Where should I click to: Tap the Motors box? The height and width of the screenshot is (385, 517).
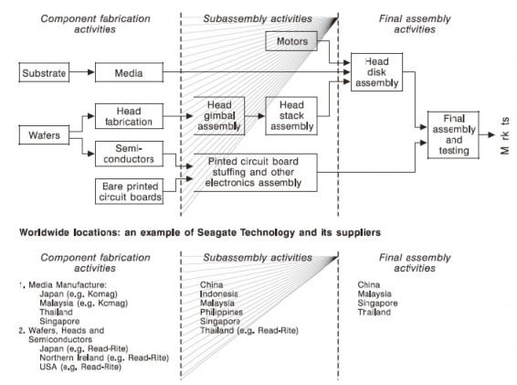click(x=290, y=41)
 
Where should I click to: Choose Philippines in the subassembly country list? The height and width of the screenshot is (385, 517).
click(x=224, y=313)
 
